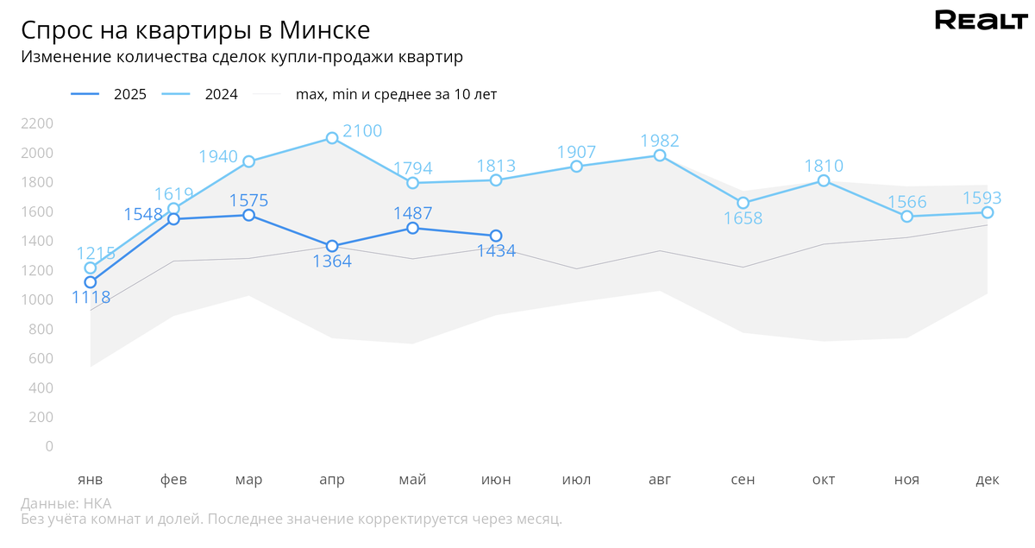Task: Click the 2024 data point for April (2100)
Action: [332, 138]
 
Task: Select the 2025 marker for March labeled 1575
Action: [248, 215]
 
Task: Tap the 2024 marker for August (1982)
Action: [660, 155]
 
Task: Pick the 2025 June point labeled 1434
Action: [496, 236]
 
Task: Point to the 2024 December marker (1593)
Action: [988, 212]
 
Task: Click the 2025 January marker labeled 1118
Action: [91, 282]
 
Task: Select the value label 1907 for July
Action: [576, 152]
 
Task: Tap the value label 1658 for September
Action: [743, 218]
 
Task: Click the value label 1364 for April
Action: [332, 261]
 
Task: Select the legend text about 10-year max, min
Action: [396, 94]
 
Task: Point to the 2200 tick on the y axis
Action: [37, 123]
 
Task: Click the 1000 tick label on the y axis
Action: [37, 299]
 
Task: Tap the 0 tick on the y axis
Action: [49, 446]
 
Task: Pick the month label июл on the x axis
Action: [576, 480]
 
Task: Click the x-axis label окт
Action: [824, 480]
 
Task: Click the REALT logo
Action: [982, 20]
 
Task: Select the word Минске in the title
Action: [324, 30]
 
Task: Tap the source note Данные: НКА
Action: [66, 504]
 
